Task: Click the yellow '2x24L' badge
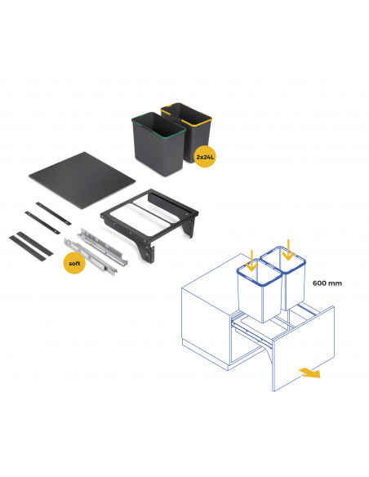205,157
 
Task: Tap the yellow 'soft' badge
74,263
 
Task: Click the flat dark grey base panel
82,180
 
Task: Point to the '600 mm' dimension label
327,283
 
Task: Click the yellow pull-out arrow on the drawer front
310,372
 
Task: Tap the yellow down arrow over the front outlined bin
251,261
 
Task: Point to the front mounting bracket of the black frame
146,249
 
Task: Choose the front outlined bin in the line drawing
260,291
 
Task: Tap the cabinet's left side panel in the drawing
206,323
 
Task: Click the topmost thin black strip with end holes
54,213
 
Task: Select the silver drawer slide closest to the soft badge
91,256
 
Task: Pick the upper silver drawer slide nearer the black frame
103,247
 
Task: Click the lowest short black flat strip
28,248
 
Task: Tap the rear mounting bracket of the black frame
189,226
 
